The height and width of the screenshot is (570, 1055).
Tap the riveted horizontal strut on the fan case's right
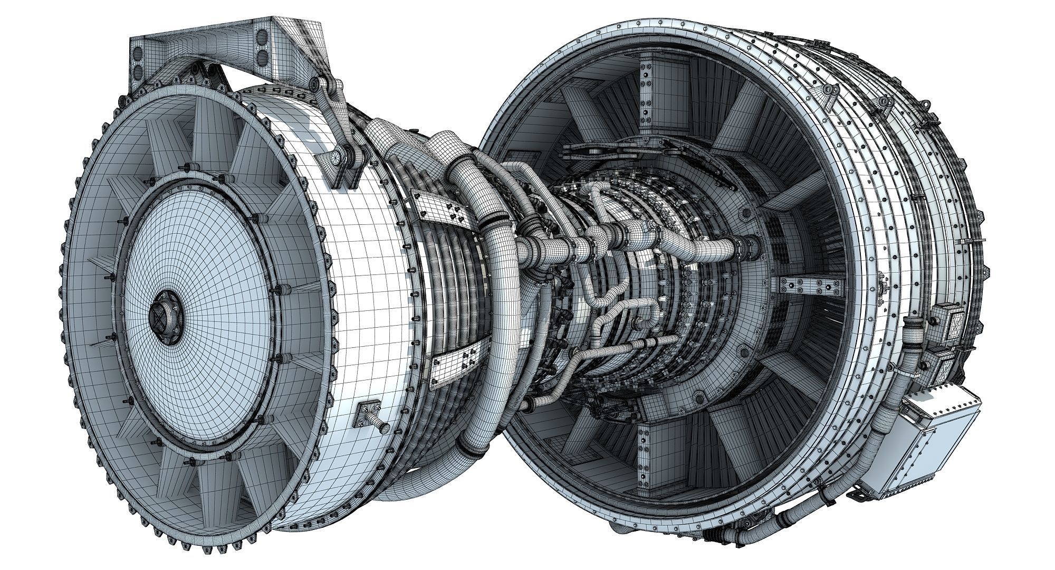click(x=802, y=286)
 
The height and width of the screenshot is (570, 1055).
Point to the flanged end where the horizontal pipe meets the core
click(x=749, y=243)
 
